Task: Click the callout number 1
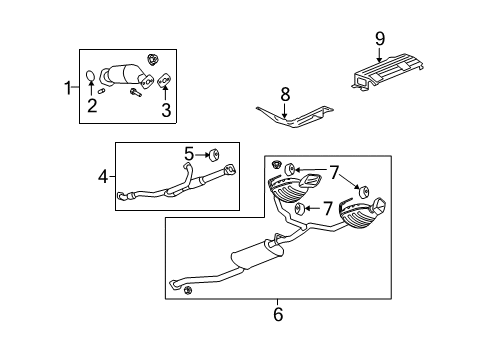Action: (69, 88)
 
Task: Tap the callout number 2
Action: (92, 105)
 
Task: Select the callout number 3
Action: (166, 109)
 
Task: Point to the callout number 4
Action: (103, 178)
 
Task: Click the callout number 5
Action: (188, 154)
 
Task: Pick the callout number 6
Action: (278, 315)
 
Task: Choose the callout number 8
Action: (285, 96)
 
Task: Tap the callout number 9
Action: (379, 38)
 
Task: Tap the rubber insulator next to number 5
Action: (214, 155)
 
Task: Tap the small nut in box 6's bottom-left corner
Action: (188, 290)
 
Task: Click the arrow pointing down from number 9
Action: (379, 52)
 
